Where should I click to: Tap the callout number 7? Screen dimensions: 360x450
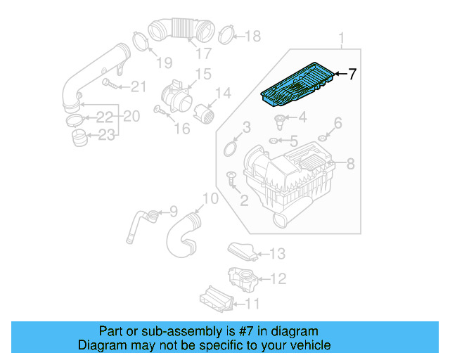(352, 73)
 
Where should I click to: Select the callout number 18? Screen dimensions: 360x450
(252, 36)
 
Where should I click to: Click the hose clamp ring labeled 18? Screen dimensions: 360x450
(226, 32)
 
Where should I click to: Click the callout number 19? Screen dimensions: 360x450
(163, 63)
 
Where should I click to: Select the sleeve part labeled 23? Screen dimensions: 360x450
(79, 136)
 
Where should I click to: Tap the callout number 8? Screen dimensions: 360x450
(350, 164)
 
